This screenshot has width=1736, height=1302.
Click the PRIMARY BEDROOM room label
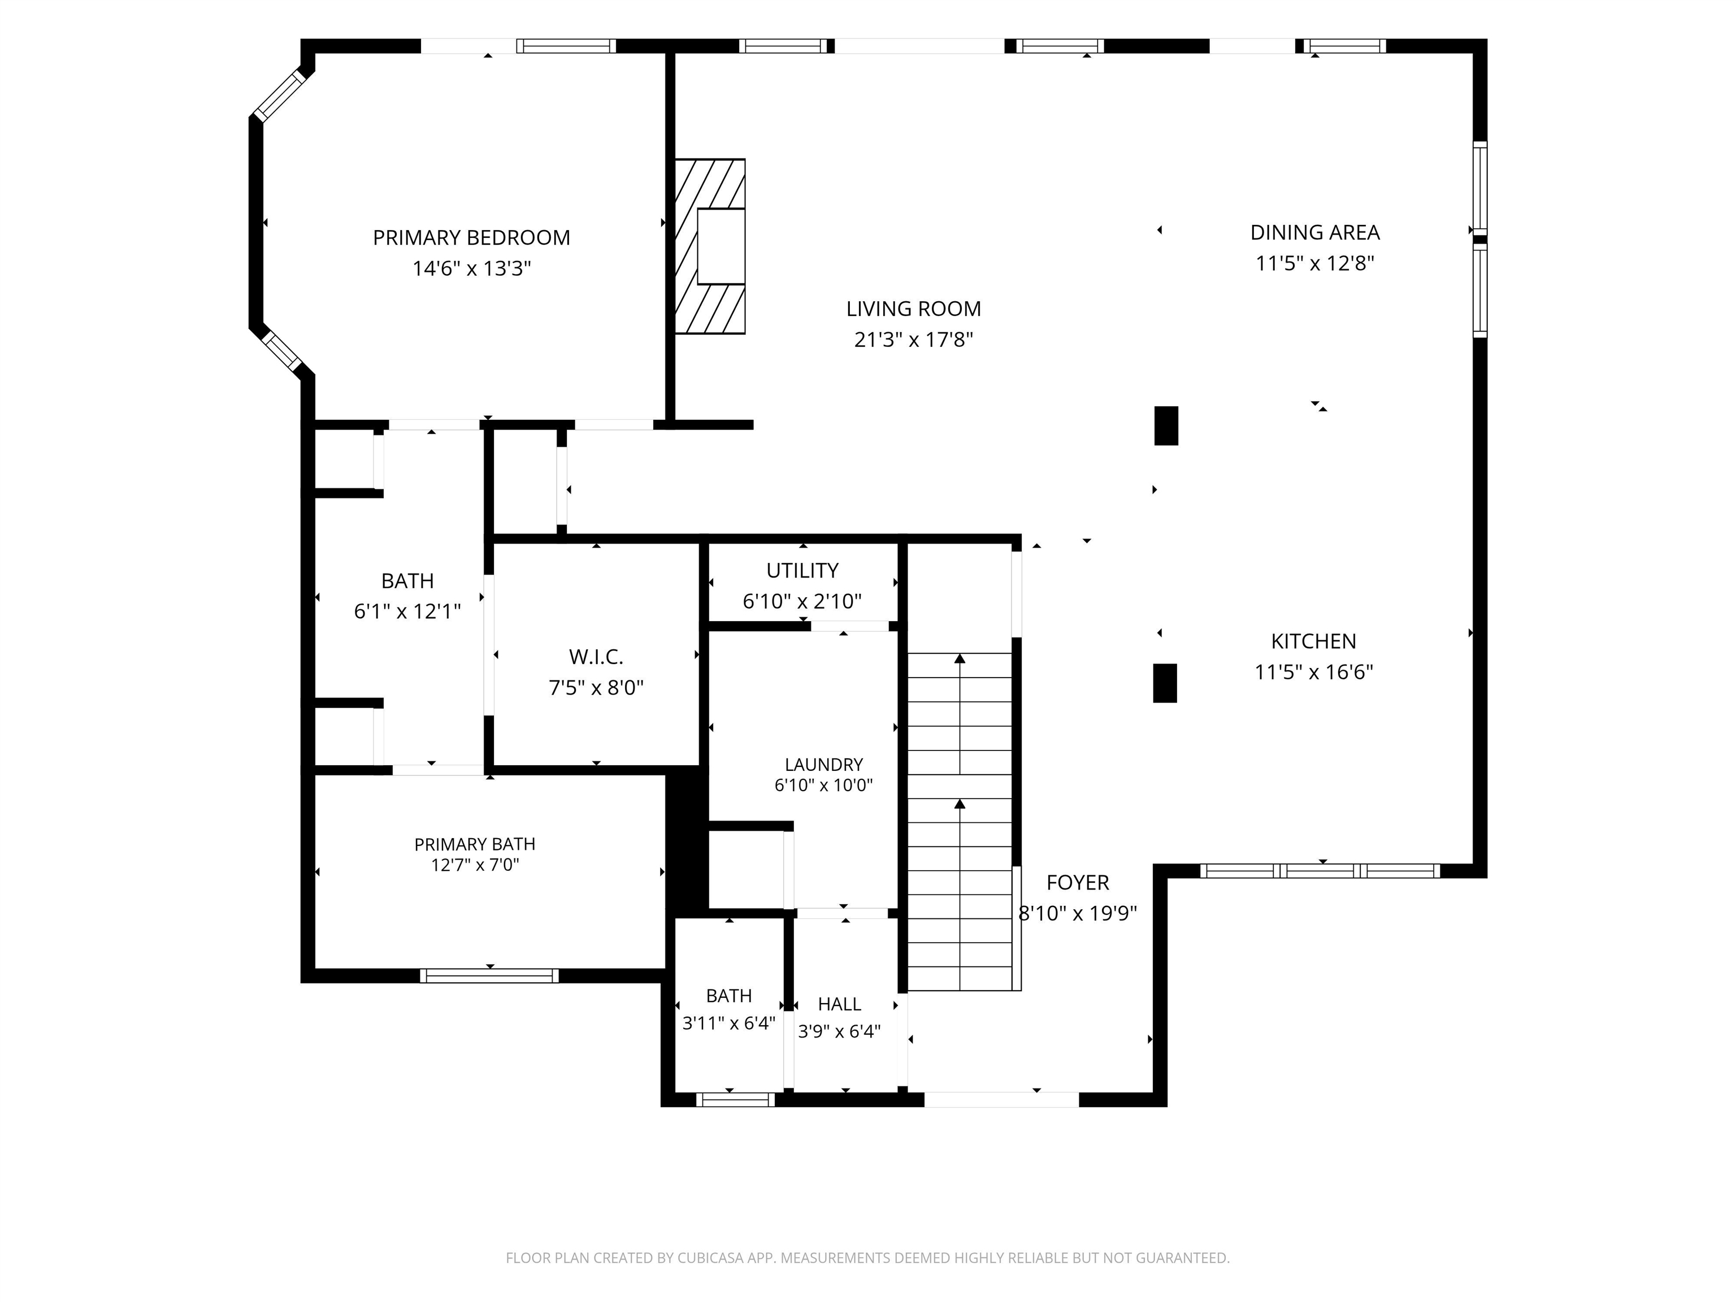[471, 238]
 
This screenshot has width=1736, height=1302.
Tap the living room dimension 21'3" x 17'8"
[914, 340]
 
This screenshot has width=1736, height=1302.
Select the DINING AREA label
[1314, 232]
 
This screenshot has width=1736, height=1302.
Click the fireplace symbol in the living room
[710, 246]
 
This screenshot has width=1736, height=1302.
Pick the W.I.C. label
[596, 657]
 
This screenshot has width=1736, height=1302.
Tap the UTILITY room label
[802, 571]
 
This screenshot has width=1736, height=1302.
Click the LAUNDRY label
[824, 765]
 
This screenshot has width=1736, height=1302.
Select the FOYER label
[1078, 883]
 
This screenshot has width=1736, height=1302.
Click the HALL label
[839, 1004]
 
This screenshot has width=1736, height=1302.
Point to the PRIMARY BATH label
[475, 844]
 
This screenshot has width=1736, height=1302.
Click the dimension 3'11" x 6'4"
[729, 1023]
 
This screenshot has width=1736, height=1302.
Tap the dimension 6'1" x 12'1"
[407, 611]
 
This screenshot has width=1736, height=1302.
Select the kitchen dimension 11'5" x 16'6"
[1314, 672]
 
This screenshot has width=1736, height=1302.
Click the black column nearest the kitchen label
[1165, 683]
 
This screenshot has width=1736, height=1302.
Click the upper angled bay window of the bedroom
[279, 96]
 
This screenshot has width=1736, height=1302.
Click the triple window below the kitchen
[1320, 870]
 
